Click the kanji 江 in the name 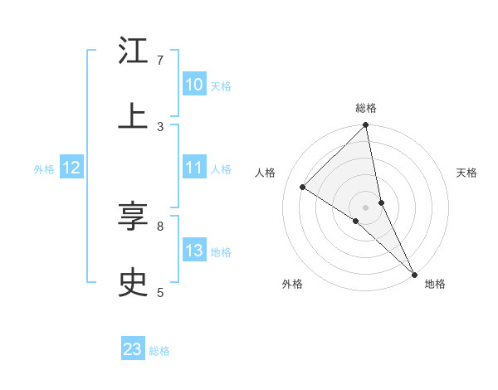click(x=133, y=51)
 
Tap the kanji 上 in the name click(x=133, y=115)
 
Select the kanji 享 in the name click(x=133, y=217)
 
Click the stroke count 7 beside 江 click(x=159, y=61)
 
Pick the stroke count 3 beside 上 click(x=159, y=126)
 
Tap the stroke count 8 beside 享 click(x=159, y=226)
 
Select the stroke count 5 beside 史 click(x=159, y=292)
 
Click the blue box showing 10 click(x=194, y=85)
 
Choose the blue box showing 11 click(x=194, y=168)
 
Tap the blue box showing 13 click(x=194, y=251)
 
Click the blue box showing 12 click(x=71, y=168)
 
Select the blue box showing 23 click(x=133, y=349)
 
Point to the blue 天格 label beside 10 click(x=221, y=86)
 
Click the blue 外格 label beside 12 click(x=44, y=169)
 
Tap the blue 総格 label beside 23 click(x=159, y=351)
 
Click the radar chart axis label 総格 click(x=366, y=108)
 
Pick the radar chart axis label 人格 click(x=266, y=173)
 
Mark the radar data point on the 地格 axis click(x=413, y=273)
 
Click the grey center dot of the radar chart click(x=366, y=207)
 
